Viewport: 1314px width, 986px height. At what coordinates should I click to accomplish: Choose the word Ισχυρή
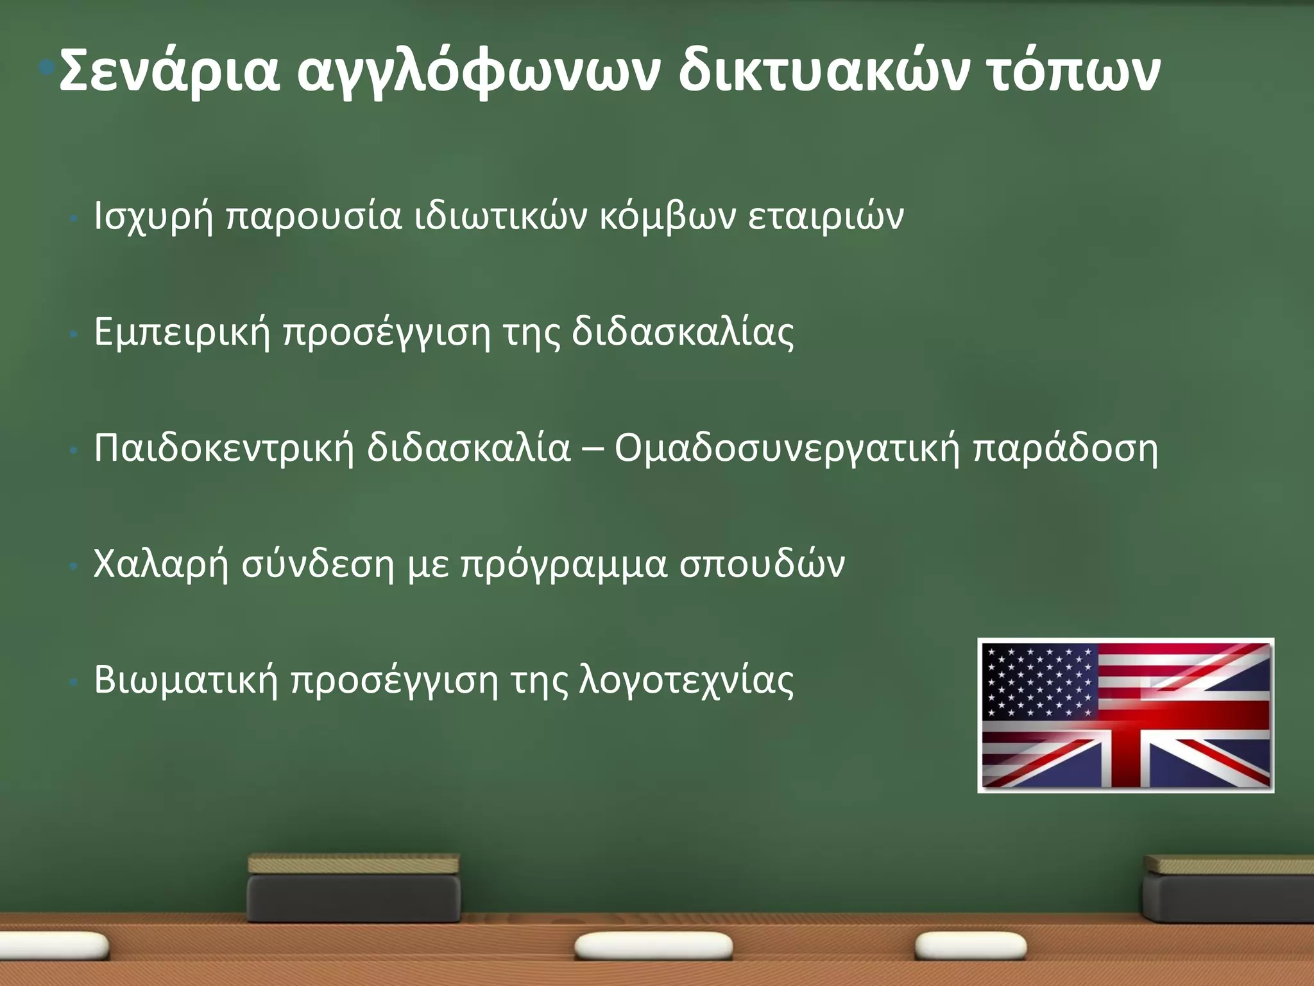pos(153,216)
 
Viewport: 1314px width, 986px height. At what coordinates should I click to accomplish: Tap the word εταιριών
pos(826,216)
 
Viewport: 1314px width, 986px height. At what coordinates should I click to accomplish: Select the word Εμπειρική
pos(182,333)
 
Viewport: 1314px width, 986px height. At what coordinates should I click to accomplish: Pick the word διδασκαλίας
pos(683,333)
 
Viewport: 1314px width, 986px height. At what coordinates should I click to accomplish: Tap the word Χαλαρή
pos(161,564)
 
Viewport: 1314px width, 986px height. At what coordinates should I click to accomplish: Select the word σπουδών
pos(762,564)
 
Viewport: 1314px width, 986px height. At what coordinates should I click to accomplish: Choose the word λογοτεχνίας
pos(687,680)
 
